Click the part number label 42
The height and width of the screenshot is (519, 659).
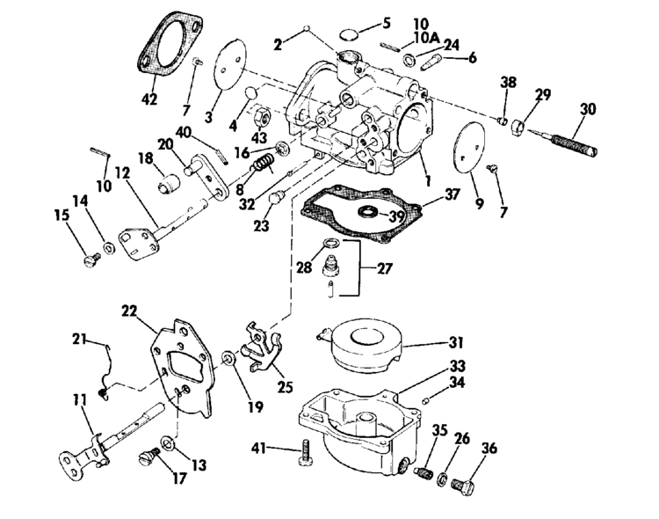pyautogui.click(x=149, y=99)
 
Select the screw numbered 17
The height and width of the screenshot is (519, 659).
pyautogui.click(x=148, y=456)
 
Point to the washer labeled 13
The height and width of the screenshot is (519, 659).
pyautogui.click(x=169, y=440)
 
